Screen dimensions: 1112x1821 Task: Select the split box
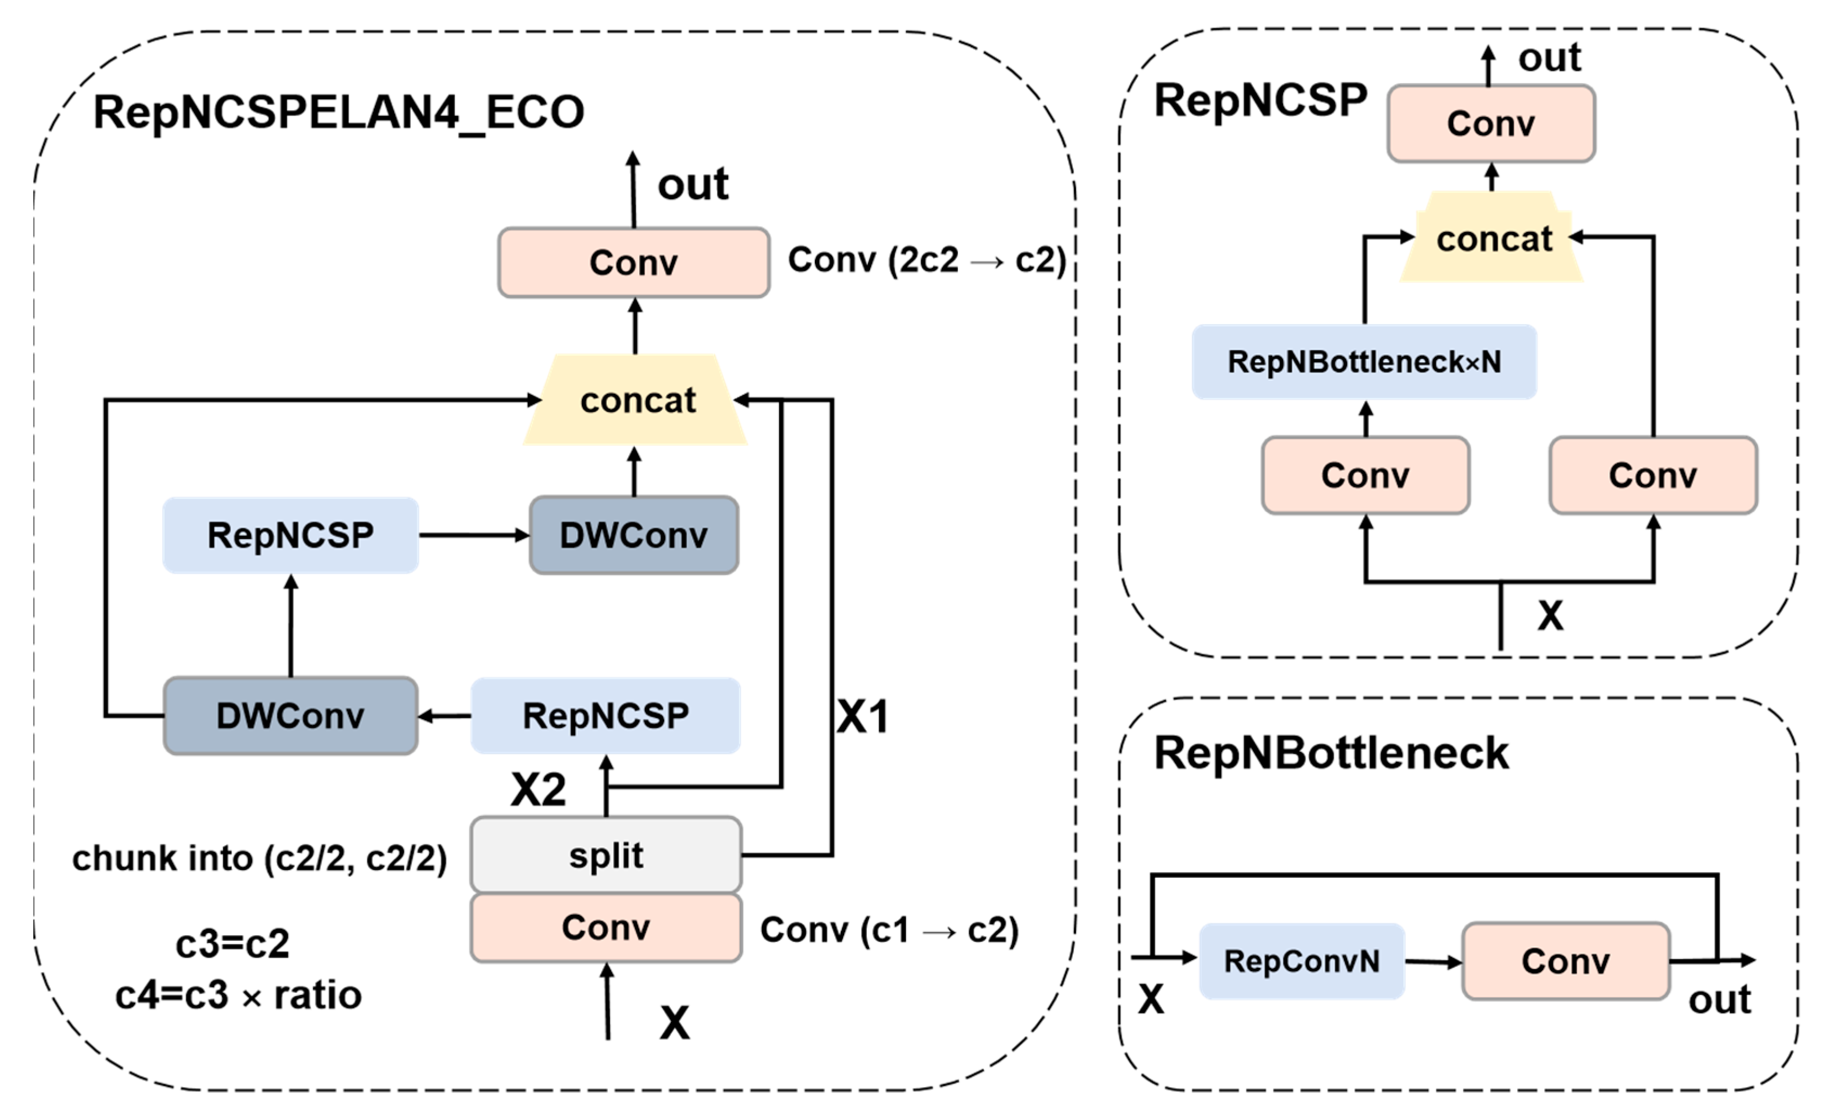(606, 856)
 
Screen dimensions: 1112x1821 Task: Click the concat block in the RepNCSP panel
(1493, 239)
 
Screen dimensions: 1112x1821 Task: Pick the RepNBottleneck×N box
(1364, 362)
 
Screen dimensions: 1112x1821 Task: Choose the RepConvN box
(1301, 961)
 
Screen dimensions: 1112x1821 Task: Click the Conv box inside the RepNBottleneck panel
(1565, 961)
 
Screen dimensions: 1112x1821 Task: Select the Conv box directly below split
(606, 928)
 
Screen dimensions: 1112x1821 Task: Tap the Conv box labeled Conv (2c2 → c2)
(633, 262)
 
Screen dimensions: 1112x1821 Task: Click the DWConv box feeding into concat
(633, 535)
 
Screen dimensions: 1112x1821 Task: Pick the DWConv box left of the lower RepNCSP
(290, 716)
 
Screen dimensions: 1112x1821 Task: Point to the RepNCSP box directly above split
(606, 716)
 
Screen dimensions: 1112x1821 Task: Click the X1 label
(863, 716)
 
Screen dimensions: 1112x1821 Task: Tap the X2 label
(539, 789)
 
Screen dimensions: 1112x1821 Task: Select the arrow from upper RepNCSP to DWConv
(474, 535)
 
